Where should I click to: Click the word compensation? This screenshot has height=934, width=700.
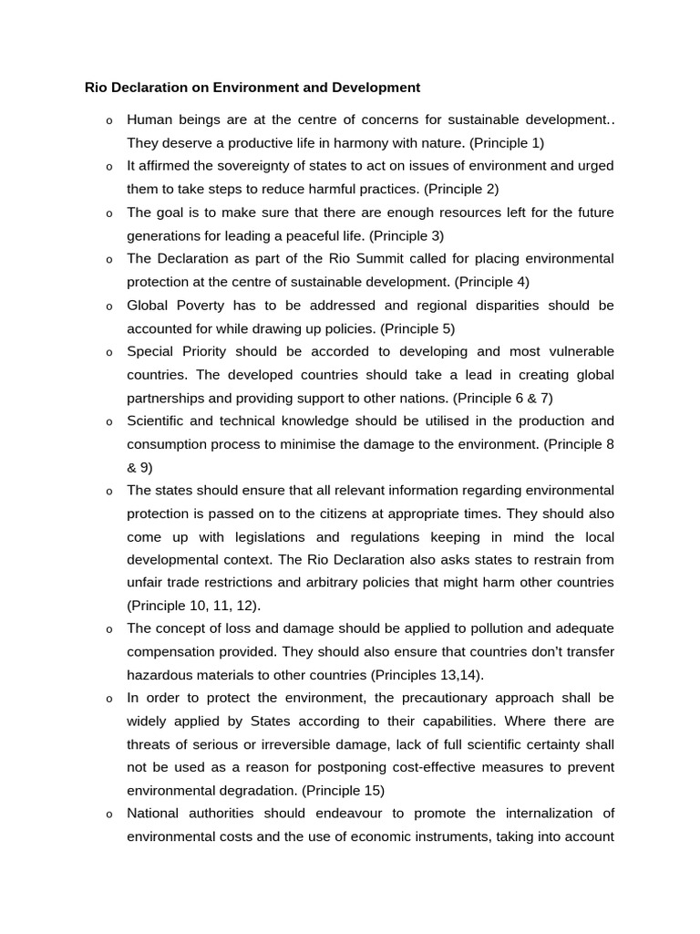click(170, 652)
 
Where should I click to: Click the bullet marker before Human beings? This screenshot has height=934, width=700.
click(108, 120)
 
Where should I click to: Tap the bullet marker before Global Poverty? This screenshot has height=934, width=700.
click(108, 306)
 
